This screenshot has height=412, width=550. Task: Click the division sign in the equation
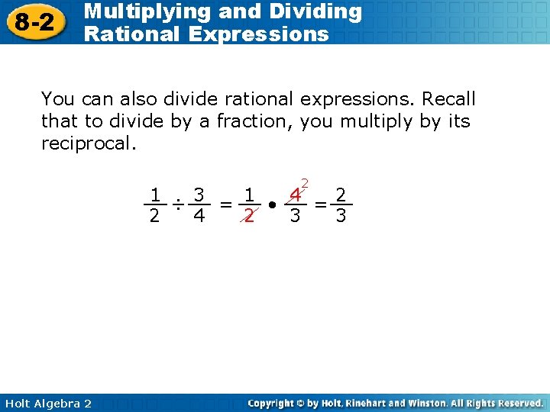177,204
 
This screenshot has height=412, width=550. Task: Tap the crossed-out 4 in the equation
295,195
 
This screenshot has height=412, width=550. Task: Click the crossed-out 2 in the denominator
248,216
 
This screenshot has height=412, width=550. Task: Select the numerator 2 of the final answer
341,195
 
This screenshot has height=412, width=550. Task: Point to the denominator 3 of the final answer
341,216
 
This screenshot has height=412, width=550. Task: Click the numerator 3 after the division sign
199,195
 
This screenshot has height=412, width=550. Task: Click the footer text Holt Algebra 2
47,403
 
